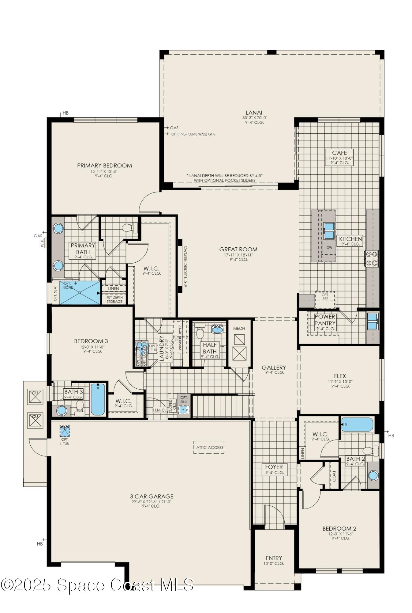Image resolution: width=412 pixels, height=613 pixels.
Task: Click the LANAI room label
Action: tap(254, 112)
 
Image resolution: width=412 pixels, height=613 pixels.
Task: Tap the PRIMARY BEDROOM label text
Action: tap(104, 166)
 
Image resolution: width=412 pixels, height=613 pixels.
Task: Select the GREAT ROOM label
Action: tap(238, 249)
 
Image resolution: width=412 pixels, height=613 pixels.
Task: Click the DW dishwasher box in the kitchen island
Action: tap(329, 248)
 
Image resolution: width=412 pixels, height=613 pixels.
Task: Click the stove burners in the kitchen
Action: tap(371, 258)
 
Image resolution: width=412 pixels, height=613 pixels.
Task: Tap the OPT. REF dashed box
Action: tap(325, 297)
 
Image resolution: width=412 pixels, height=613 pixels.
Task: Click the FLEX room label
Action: tap(340, 376)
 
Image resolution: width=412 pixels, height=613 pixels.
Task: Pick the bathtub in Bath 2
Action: tap(357, 425)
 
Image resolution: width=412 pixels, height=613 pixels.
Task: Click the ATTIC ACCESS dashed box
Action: tap(209, 447)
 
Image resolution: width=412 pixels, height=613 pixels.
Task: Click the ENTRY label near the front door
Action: tap(274, 558)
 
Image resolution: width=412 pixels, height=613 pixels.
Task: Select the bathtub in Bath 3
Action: tap(98, 399)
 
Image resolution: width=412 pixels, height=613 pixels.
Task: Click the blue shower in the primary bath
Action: tap(80, 292)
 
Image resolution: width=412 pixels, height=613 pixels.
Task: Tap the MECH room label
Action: tap(239, 328)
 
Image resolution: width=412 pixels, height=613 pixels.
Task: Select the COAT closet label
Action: tap(334, 476)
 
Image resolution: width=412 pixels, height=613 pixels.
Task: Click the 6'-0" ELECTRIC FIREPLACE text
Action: tap(185, 266)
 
